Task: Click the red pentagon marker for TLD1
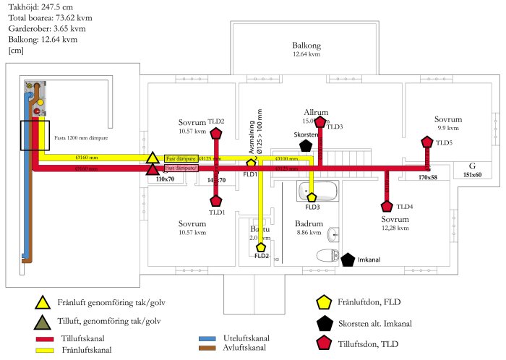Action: click(x=216, y=202)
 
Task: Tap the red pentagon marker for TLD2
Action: click(x=216, y=133)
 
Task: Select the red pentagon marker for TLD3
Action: click(x=320, y=121)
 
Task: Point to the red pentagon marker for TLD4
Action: click(x=387, y=206)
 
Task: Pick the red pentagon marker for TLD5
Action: click(x=427, y=142)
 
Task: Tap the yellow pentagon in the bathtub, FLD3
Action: click(x=312, y=196)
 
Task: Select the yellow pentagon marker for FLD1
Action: click(x=252, y=163)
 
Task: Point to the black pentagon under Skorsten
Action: click(x=306, y=145)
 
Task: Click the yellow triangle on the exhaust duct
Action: click(x=153, y=158)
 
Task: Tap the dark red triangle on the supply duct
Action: click(x=153, y=170)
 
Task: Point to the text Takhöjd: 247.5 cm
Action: click(x=39, y=7)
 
